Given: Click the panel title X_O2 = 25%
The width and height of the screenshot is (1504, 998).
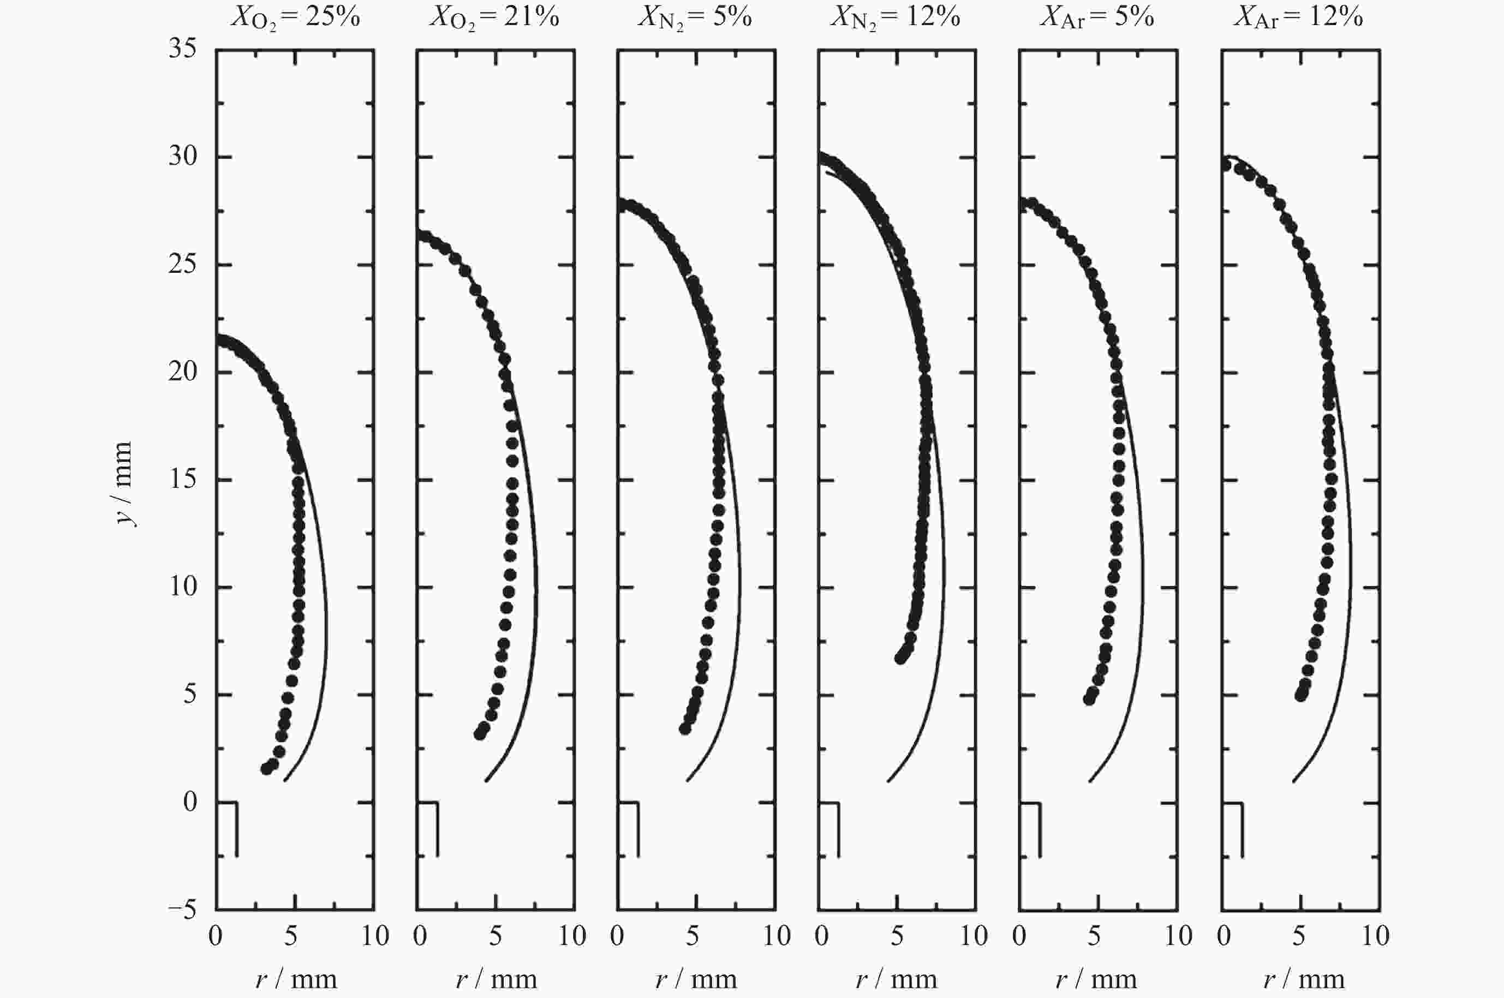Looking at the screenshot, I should (x=295, y=18).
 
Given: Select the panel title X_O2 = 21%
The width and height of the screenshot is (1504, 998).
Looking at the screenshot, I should (x=494, y=18).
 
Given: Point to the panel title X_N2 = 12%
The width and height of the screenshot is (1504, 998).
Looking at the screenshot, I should (x=895, y=18).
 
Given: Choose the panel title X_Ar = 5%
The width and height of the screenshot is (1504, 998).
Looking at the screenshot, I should (x=1097, y=18).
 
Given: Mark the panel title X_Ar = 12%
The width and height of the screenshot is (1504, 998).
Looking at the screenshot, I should (x=1298, y=18).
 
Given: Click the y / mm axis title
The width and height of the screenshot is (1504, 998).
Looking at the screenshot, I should (x=124, y=484).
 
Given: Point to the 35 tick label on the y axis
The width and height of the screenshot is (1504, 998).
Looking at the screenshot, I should (x=183, y=49).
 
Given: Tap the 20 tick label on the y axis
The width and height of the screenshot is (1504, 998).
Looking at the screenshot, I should (x=183, y=372).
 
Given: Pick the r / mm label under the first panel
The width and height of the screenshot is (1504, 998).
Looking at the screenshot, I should (x=296, y=979).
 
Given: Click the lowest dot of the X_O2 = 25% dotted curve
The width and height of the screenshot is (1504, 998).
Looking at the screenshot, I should (x=267, y=769).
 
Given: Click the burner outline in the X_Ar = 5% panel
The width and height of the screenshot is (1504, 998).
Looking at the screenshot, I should (x=1040, y=827).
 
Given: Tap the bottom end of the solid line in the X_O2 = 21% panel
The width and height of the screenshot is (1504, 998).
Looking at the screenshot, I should (x=486, y=780).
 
